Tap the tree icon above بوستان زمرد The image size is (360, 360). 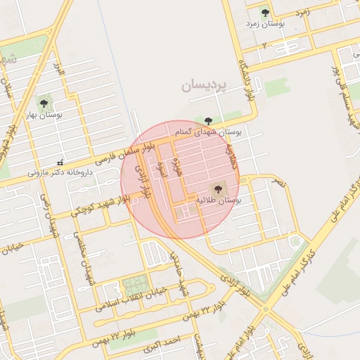point(265,13)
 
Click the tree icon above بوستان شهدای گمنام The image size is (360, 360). point(207,121)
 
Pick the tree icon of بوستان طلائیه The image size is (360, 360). point(217,188)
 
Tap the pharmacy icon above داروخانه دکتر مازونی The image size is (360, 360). point(60,162)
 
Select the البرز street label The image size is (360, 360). point(60,71)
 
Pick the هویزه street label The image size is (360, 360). point(179,169)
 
